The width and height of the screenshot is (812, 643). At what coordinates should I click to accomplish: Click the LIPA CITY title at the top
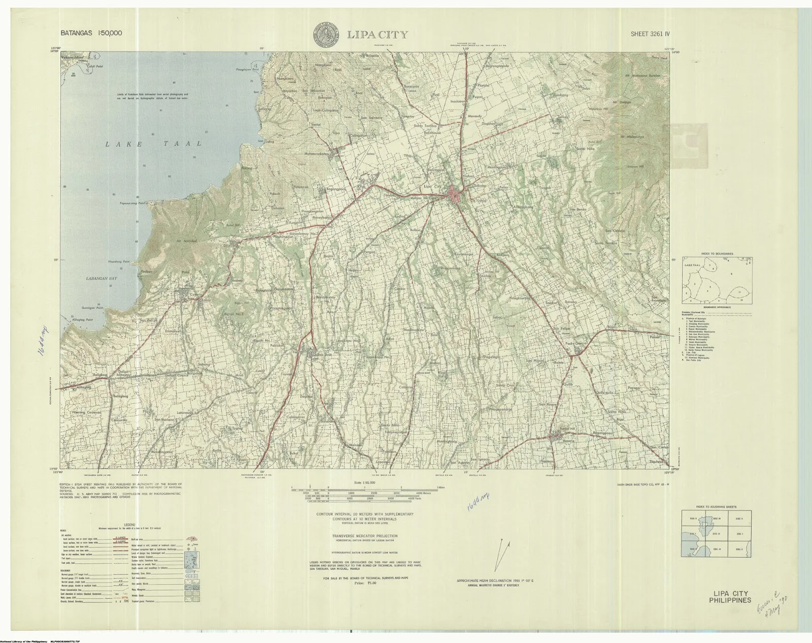coord(377,35)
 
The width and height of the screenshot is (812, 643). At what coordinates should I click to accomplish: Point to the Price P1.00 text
coord(359,584)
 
